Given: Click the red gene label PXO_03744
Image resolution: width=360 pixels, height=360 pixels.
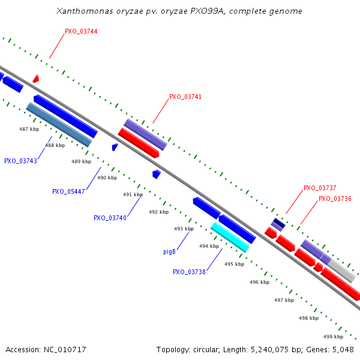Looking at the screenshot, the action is tap(81, 31).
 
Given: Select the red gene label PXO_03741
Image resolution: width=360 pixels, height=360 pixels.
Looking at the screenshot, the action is tap(185, 97).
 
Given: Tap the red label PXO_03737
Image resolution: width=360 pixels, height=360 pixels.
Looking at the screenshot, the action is tap(320, 188).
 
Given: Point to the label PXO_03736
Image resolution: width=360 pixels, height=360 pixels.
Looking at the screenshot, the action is tap(335, 199).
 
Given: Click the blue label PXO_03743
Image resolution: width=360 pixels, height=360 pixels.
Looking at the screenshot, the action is tap(20, 161).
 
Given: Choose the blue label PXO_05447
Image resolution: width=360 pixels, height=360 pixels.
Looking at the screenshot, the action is tap(68, 192).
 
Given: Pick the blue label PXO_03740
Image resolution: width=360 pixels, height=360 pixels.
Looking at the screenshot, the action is tap(110, 218).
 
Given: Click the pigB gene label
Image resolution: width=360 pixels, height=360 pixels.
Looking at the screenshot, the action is tap(169, 251).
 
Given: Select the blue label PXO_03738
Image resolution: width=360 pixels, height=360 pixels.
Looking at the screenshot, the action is tap(189, 272).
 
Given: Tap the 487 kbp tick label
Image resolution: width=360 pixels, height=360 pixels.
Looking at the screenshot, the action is tap(29, 129).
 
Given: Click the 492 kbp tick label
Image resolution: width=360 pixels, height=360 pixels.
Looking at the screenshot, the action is tap(158, 212).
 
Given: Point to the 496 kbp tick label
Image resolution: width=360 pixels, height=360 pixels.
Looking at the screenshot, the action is tap(259, 282).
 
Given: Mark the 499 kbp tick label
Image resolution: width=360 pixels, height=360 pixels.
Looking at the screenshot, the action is tap(333, 337).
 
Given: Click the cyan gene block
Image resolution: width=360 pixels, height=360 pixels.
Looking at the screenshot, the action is tap(230, 237).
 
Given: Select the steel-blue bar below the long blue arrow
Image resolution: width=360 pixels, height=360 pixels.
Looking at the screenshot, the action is tap(59, 125).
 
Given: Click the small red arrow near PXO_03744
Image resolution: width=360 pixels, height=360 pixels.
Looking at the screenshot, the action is tap(36, 79).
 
